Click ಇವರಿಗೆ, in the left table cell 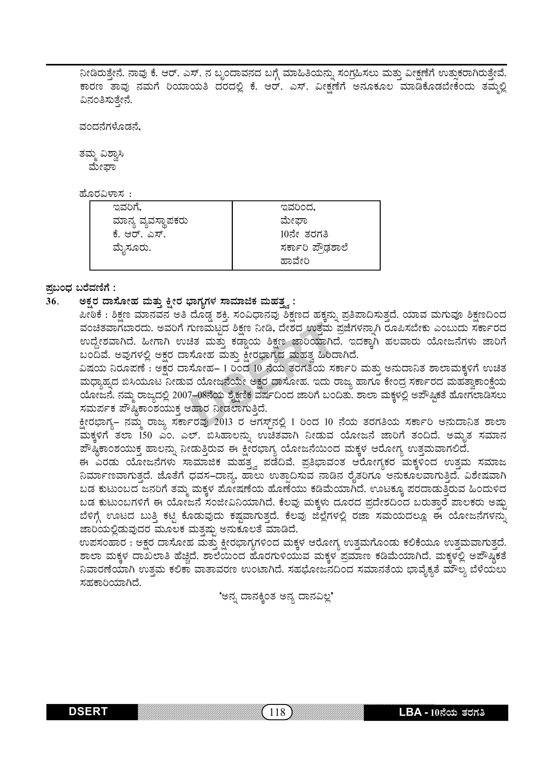(x=127, y=208)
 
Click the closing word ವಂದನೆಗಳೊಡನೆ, (x=110, y=127)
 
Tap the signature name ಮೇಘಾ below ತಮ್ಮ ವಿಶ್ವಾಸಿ (x=102, y=168)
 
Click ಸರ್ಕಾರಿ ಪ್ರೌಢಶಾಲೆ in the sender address (x=314, y=248)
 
